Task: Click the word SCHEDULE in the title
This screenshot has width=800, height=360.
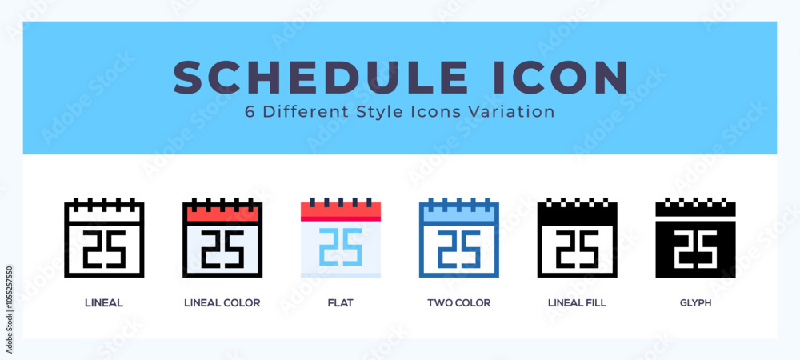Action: pos(321,78)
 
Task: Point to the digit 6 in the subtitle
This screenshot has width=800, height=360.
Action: pos(250,112)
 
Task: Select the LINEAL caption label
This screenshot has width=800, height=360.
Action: pos(103,303)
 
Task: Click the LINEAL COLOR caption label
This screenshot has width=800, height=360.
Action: pos(222,303)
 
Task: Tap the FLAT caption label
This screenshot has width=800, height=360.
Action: pos(340,303)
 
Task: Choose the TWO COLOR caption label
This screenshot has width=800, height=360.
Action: pos(458,303)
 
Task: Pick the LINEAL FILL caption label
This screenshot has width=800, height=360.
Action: pos(577,303)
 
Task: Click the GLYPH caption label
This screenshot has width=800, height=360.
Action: pos(695,303)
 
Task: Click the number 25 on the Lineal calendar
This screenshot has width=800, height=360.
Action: pos(104,250)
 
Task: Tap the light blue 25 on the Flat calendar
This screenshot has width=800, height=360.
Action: pos(341,246)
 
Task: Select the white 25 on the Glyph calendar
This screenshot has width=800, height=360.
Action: pos(695,250)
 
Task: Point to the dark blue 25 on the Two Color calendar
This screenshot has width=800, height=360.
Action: pos(459,250)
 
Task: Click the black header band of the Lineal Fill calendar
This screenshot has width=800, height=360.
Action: pos(577,214)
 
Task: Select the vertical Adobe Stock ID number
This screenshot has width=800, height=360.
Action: pos(9,310)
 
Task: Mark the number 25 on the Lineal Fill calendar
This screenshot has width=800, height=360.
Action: pos(578,250)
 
